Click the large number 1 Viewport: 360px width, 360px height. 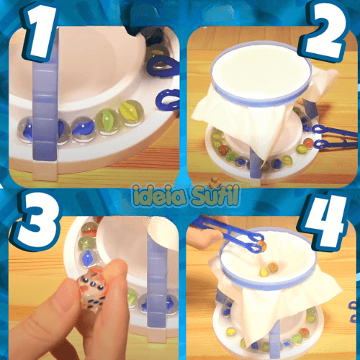42,31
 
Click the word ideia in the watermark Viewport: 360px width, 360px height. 161,197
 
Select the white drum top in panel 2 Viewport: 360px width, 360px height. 261,71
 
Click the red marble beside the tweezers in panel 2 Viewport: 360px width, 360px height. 308,143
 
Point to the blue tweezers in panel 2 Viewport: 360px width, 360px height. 336,137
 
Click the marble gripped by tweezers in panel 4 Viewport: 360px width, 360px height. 261,246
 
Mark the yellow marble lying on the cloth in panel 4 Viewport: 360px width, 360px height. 264,271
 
